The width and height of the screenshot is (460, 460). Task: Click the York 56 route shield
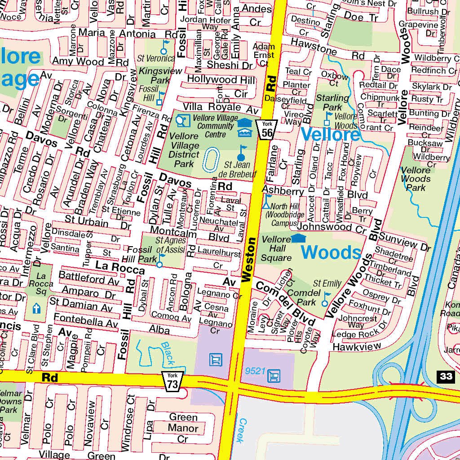267,129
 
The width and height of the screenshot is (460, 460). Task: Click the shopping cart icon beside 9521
273,375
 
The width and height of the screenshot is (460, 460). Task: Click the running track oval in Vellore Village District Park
210,160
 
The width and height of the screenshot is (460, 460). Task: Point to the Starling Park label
332,102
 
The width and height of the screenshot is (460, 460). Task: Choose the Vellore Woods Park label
416,178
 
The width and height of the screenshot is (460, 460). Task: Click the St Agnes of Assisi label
171,245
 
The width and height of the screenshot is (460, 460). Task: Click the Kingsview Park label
154,75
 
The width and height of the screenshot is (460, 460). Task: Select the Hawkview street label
357,347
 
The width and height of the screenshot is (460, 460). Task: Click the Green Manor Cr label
183,428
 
